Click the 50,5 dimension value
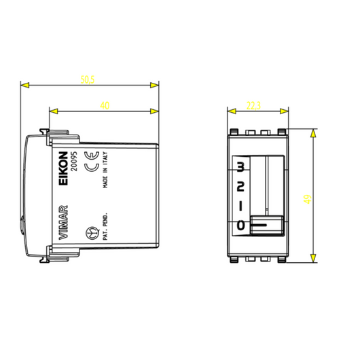[x=87, y=80]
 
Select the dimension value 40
[x=104, y=105]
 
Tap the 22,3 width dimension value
[x=254, y=105]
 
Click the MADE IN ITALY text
[x=106, y=175]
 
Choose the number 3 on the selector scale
[x=240, y=166]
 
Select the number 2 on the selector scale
[x=240, y=185]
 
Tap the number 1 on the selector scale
[x=240, y=204]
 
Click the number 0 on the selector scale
[x=240, y=224]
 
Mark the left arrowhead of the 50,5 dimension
[x=25, y=86]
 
